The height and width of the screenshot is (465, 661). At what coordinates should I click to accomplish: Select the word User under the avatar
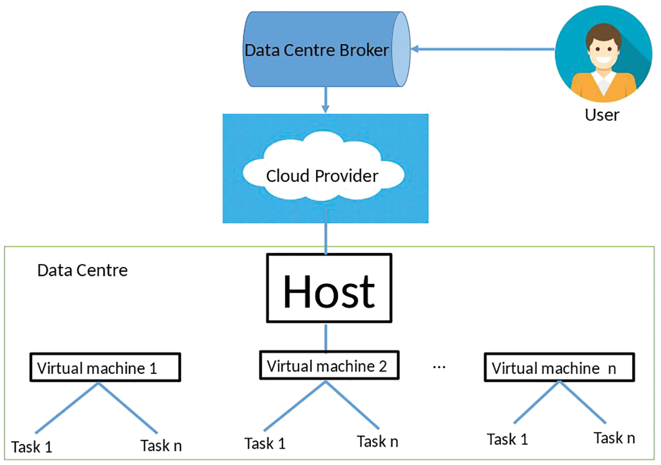tap(602, 114)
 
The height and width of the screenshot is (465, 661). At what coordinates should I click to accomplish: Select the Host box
tap(329, 288)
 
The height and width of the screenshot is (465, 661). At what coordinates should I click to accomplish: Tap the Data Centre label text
tap(82, 271)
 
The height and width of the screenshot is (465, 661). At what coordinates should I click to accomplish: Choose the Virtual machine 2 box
tap(327, 365)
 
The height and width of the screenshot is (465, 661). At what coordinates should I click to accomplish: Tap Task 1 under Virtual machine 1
tap(32, 447)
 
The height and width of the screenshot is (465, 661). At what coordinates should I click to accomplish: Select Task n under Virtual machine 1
tap(161, 446)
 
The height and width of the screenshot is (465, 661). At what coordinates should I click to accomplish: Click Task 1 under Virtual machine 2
tap(265, 443)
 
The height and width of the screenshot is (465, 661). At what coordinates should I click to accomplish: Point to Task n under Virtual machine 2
tap(377, 441)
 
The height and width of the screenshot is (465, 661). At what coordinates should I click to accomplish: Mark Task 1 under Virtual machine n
tap(507, 439)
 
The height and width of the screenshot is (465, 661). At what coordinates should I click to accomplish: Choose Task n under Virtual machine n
tap(614, 438)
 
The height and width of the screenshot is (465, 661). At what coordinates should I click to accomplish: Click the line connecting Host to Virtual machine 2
tap(326, 338)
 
